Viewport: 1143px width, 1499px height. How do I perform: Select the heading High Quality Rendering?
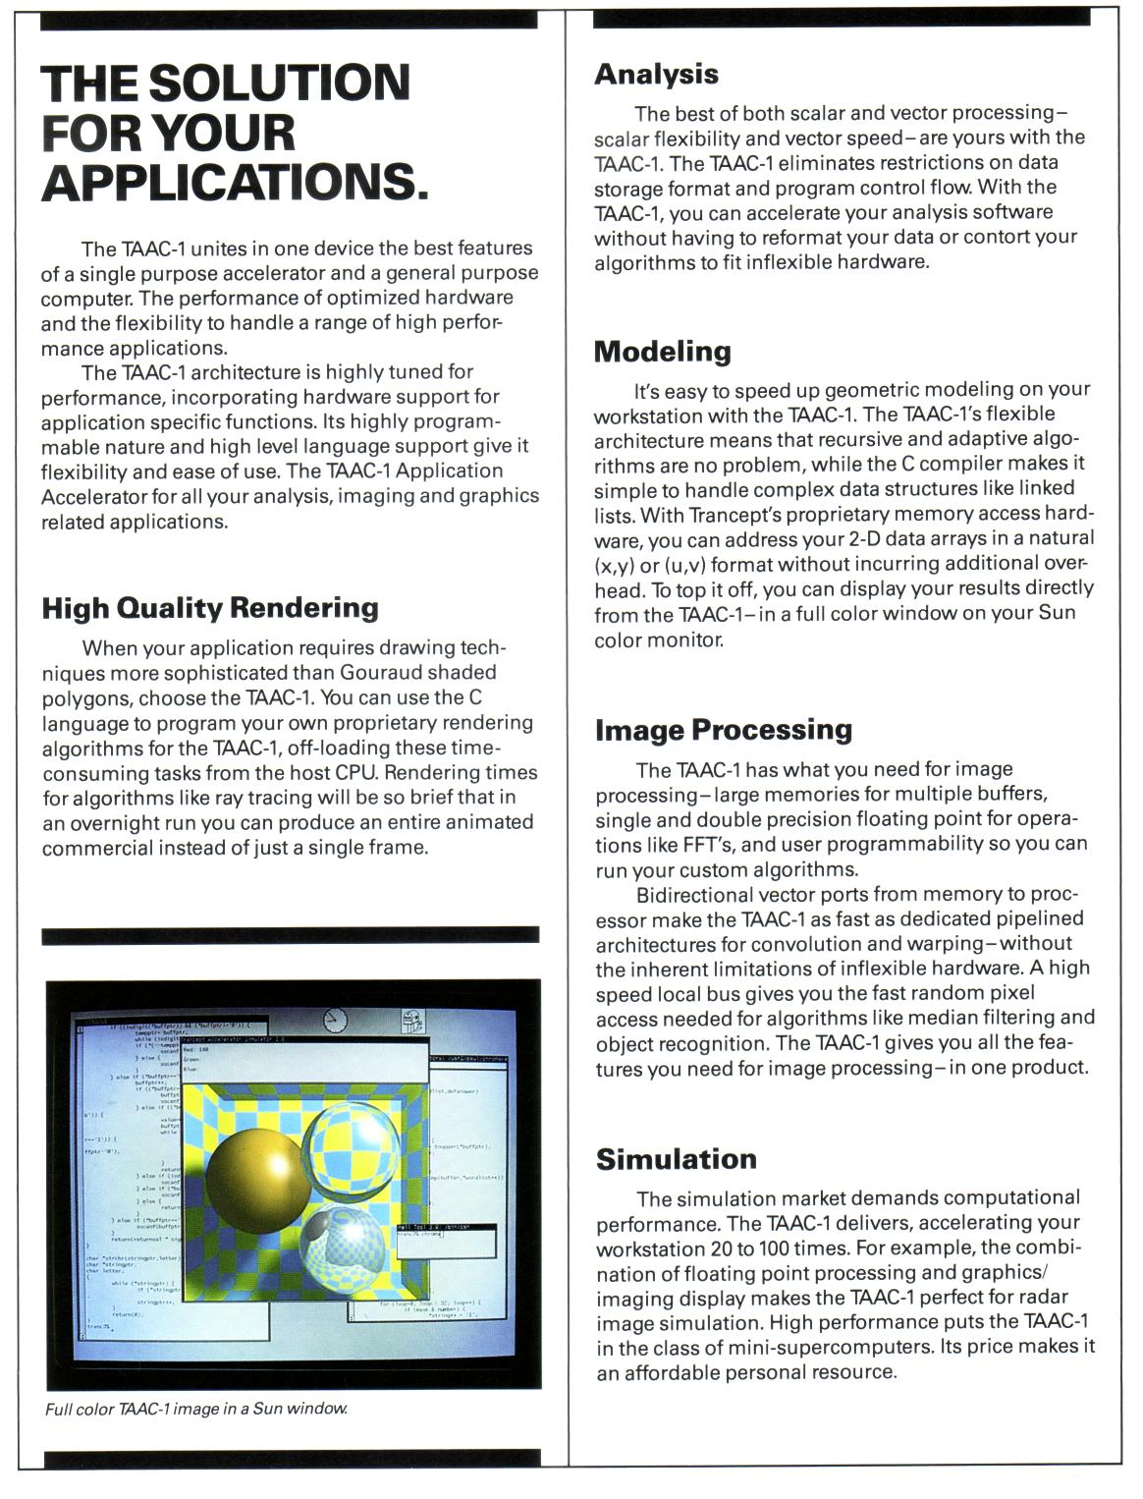(x=210, y=608)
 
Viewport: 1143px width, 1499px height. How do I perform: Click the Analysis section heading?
(x=656, y=74)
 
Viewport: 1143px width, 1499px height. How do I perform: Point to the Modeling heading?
(x=663, y=351)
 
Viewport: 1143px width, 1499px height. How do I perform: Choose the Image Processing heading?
(x=724, y=730)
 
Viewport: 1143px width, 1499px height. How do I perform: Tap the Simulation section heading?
(x=677, y=1159)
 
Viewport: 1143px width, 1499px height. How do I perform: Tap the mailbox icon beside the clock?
(x=414, y=1023)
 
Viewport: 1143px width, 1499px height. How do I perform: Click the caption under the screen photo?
(x=196, y=1409)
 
